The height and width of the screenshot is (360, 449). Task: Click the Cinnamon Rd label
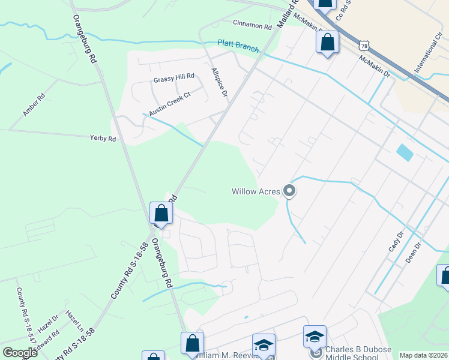pyautogui.click(x=252, y=25)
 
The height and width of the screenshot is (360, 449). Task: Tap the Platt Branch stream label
pyautogui.click(x=238, y=46)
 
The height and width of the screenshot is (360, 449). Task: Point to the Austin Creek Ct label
pyautogui.click(x=169, y=103)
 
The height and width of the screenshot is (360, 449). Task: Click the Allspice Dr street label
pyautogui.click(x=220, y=82)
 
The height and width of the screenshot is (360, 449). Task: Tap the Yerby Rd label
pyautogui.click(x=103, y=138)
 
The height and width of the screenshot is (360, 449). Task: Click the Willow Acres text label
pyautogui.click(x=256, y=192)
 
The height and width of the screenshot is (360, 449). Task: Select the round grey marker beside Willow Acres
pyautogui.click(x=289, y=191)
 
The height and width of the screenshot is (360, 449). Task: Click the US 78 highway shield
pyautogui.click(x=364, y=45)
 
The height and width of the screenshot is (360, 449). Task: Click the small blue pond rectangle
pyautogui.click(x=405, y=152)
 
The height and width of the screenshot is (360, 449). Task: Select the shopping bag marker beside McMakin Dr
pyautogui.click(x=327, y=43)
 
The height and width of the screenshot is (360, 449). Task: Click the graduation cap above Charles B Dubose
pyautogui.click(x=315, y=338)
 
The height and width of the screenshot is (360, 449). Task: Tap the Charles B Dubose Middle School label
pyautogui.click(x=358, y=353)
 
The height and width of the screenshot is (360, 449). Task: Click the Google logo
pyautogui.click(x=20, y=352)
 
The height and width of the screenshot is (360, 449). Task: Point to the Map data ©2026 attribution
pyautogui.click(x=423, y=355)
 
